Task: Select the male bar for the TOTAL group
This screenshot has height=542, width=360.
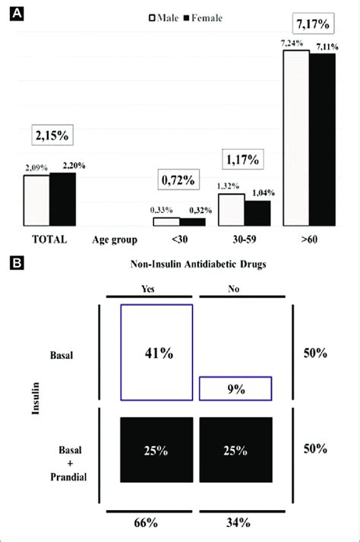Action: (x=36, y=201)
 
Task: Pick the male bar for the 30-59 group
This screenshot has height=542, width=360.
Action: (x=232, y=210)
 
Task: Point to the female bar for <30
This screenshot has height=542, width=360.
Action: (x=192, y=222)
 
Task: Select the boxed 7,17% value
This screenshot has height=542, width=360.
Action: (x=311, y=31)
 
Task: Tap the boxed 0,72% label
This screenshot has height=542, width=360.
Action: (x=178, y=181)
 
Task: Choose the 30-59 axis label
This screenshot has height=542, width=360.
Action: (x=244, y=240)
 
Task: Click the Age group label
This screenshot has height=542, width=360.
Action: (x=114, y=240)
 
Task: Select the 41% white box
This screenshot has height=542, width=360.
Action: (x=157, y=351)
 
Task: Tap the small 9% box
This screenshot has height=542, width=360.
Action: (x=235, y=388)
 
